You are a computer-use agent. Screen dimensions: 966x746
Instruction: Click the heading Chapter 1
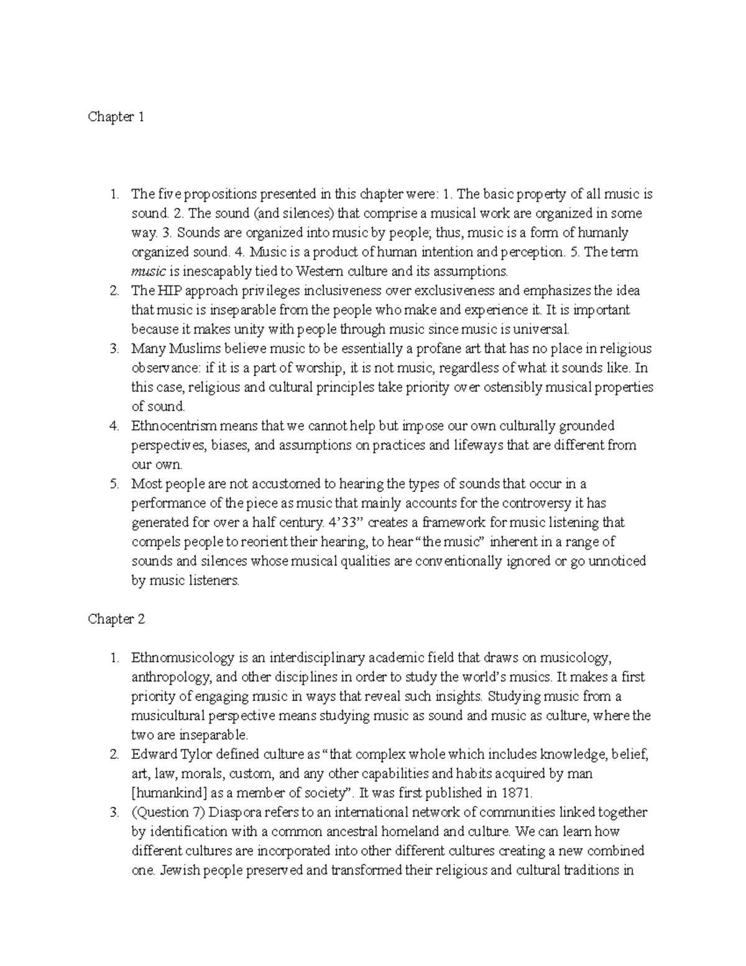[x=116, y=117]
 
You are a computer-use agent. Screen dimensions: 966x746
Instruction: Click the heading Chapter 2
[x=116, y=619]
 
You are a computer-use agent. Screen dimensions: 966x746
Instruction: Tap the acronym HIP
[x=167, y=290]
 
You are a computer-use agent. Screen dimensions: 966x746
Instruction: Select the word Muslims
[x=190, y=348]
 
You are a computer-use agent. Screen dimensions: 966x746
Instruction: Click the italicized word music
[x=149, y=271]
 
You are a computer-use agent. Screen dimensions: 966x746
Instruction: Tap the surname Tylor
[x=193, y=755]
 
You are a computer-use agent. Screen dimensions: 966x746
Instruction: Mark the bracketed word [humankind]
[x=170, y=793]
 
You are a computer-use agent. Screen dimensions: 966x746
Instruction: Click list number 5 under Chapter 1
[x=114, y=483]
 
